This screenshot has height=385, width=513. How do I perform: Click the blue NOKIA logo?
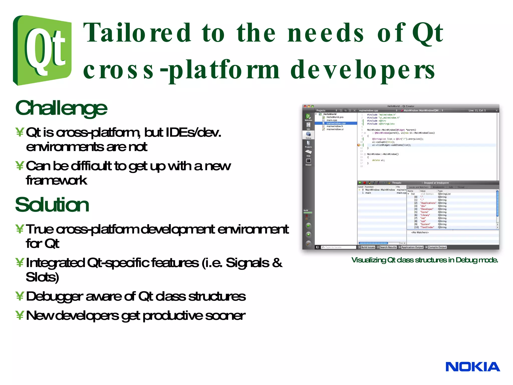point(472,367)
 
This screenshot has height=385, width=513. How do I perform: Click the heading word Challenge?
point(61,108)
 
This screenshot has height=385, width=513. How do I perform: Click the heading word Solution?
point(52,205)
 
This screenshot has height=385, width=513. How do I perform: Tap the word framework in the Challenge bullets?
point(57,180)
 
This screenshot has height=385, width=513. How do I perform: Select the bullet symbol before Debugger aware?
point(20,296)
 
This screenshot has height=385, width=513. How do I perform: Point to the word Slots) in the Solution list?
point(42,277)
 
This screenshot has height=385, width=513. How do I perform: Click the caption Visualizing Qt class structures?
point(425,260)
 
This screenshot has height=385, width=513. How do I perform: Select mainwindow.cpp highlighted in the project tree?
point(336,123)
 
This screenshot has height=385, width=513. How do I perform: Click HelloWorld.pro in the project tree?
point(335,117)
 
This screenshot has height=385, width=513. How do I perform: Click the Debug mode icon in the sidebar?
point(308,135)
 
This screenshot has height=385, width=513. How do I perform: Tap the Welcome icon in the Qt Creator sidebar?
point(308,117)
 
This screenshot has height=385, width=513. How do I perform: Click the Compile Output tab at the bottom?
point(437,247)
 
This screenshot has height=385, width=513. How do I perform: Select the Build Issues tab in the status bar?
point(368,247)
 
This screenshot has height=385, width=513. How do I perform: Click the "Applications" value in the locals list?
point(428,203)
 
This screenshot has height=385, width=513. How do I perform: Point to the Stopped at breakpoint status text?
point(436,183)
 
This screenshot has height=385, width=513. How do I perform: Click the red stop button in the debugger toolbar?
point(365,183)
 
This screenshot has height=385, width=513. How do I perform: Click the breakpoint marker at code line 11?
point(359,145)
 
